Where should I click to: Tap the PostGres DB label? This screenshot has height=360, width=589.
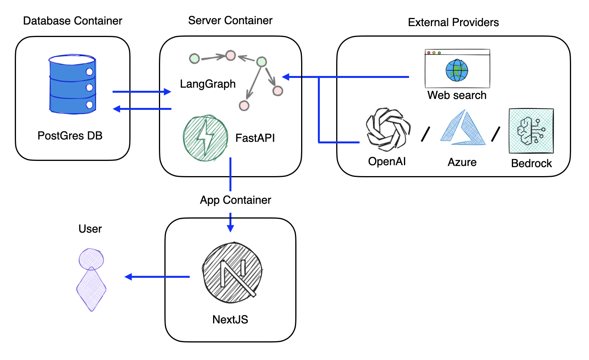pos(70,136)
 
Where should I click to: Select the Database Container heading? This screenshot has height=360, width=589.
pos(72,21)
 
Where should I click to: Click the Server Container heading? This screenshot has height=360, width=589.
pos(230,20)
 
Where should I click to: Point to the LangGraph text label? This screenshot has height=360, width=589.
pos(208,84)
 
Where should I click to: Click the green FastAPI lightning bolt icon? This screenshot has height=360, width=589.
pos(205,138)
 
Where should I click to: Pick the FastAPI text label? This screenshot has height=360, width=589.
pos(255,138)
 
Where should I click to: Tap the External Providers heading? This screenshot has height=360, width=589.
pos(453,22)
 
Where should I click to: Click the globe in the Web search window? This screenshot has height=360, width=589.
pos(457,70)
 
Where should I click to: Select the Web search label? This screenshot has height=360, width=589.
pos(457,95)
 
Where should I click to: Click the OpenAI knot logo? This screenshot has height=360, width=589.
pos(388,130)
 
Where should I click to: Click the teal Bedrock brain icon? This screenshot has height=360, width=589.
pos(531,131)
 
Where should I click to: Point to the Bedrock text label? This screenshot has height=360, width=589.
pos(531,163)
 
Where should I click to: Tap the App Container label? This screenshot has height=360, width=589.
pos(235,200)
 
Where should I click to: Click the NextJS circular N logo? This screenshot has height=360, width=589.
pos(232,273)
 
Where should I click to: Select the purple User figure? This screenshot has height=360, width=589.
pos(91,279)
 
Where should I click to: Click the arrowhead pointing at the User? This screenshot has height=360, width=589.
pos(128,277)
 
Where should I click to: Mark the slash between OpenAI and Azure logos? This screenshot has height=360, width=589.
pos(425,134)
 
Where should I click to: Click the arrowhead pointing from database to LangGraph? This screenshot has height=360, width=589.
pos(168,92)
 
